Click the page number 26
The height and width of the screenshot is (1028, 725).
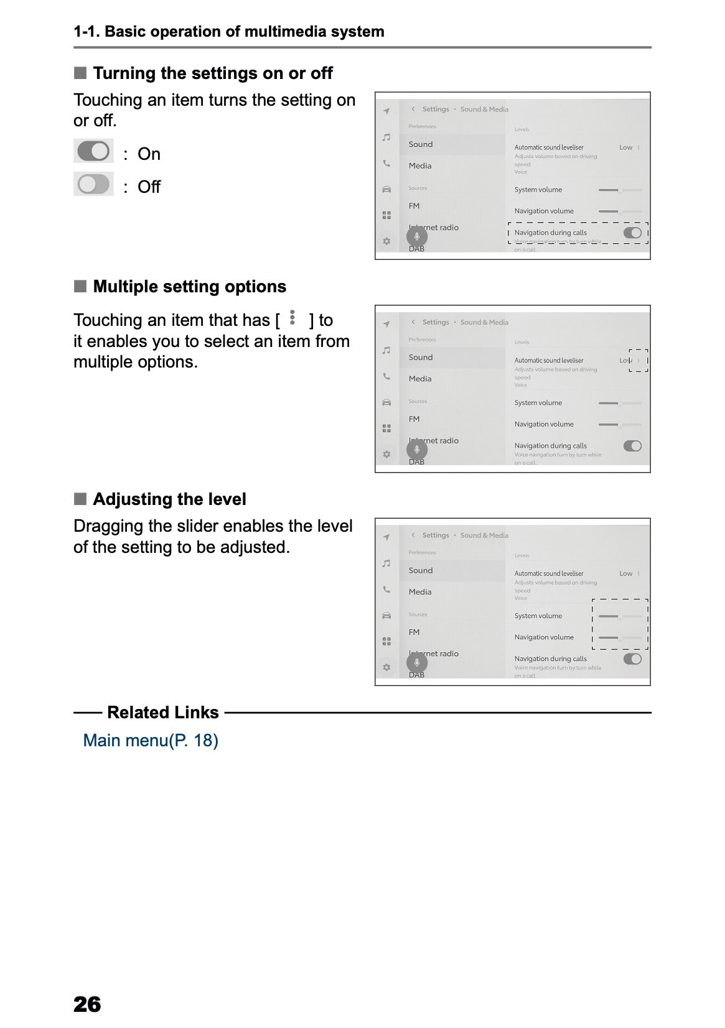coord(87,1004)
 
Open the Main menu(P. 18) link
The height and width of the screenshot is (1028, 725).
coord(151,740)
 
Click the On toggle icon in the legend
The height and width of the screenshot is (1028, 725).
coord(93,151)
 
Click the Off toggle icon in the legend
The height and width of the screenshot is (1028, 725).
coord(93,184)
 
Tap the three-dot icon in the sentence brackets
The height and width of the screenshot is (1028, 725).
coord(292,318)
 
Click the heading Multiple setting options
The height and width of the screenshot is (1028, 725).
coord(189,287)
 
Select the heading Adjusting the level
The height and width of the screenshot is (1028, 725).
coord(169,499)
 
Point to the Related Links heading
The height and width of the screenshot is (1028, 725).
coord(162,712)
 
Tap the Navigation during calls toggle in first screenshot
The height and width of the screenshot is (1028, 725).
coord(632,233)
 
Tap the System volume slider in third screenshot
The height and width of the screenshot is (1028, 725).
coord(619,616)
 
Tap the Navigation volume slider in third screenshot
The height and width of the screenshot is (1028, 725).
coord(619,637)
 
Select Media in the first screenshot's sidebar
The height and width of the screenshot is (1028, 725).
coord(420,166)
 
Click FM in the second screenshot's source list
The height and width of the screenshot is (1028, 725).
coord(414,419)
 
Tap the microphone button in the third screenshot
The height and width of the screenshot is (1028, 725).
coord(417,662)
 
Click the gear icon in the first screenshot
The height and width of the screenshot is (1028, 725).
coord(386,241)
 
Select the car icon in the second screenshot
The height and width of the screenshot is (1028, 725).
coord(386,402)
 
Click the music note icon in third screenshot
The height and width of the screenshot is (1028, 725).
coord(386,563)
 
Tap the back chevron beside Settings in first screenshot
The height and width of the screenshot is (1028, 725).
coord(413,109)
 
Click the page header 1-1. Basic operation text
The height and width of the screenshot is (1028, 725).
coord(228,32)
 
